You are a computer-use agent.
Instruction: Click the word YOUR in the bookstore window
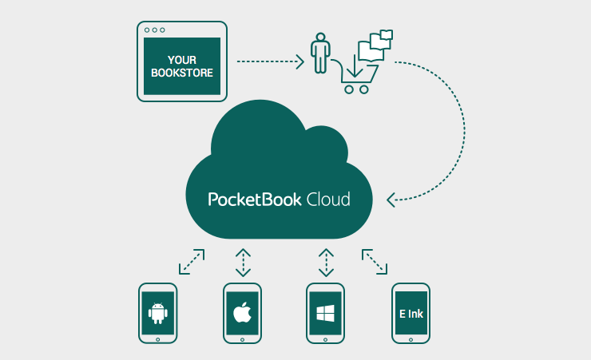[182, 60]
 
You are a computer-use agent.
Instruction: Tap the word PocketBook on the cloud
[255, 199]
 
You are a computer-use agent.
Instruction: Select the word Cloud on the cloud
[328, 199]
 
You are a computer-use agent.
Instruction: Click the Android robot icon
[158, 313]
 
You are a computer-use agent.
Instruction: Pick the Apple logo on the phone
[242, 313]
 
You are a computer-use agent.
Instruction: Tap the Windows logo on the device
[325, 313]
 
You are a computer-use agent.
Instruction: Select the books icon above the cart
[376, 45]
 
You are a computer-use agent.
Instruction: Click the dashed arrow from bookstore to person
[272, 61]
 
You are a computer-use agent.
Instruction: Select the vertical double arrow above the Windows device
[326, 263]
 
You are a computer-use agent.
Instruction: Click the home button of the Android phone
[158, 338]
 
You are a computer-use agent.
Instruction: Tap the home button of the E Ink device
[411, 338]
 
